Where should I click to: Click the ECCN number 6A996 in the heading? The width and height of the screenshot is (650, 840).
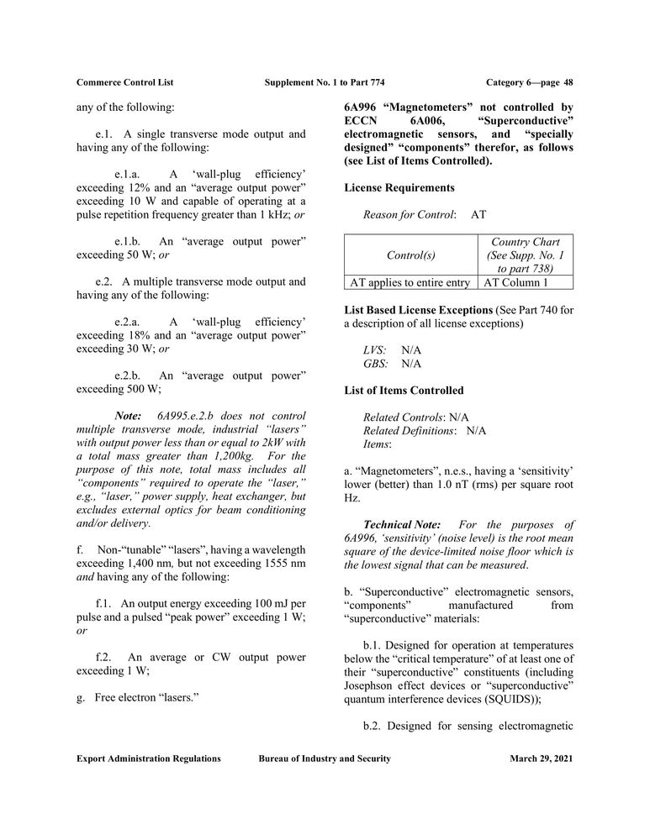[363, 108]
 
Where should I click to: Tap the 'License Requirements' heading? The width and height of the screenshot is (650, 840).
[399, 187]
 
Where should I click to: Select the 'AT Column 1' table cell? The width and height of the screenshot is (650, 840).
[515, 283]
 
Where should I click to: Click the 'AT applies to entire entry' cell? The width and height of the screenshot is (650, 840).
[410, 283]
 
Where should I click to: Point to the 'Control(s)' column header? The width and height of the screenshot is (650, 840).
[410, 255]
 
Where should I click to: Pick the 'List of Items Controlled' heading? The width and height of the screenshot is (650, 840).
[404, 391]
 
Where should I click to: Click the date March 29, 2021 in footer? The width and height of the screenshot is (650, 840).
[542, 759]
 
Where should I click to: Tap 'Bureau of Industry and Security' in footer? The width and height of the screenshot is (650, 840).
[325, 759]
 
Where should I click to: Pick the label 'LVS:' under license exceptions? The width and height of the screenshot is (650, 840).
[375, 349]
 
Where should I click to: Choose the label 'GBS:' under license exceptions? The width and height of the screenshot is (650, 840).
[376, 364]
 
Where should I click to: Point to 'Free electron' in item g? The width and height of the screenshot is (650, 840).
[123, 698]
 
